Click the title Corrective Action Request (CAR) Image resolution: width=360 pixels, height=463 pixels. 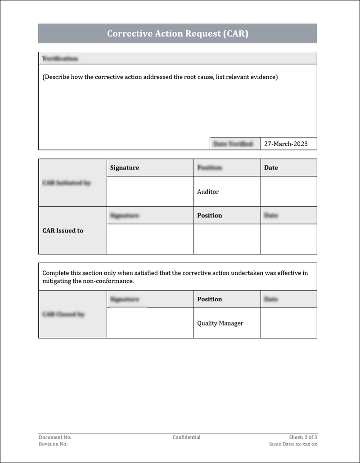click(x=177, y=34)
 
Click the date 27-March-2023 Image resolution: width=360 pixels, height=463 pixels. click(x=286, y=144)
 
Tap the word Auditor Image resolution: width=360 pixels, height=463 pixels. click(x=208, y=192)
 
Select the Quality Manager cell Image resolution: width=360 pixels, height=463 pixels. click(x=220, y=323)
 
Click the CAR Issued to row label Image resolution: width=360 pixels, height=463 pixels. click(x=63, y=231)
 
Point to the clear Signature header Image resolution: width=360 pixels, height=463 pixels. click(x=125, y=168)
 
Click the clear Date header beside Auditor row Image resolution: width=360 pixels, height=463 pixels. click(x=271, y=168)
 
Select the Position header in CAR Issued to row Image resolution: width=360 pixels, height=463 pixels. click(x=209, y=215)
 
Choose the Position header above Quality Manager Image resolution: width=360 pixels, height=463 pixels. click(x=209, y=299)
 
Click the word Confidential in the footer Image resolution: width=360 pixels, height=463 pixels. click(x=186, y=437)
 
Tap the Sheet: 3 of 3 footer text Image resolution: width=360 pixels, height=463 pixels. click(x=303, y=437)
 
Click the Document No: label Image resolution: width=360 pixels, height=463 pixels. click(x=55, y=437)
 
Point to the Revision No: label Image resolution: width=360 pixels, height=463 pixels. click(x=53, y=444)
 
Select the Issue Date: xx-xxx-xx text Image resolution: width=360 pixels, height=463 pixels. click(x=293, y=444)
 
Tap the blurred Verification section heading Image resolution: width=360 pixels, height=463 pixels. click(x=60, y=59)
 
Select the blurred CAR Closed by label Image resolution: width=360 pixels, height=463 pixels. click(x=63, y=314)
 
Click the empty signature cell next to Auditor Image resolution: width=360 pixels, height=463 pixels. click(x=150, y=191)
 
